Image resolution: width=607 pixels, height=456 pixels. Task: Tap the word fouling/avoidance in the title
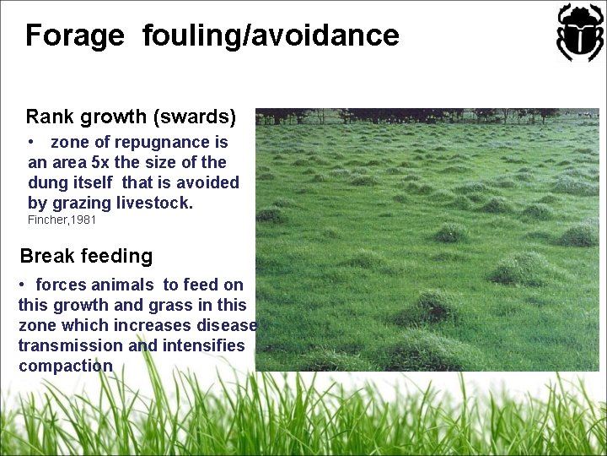point(271,35)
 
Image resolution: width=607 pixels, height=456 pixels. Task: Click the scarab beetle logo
point(580,32)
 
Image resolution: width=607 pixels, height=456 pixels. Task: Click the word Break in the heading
point(46,256)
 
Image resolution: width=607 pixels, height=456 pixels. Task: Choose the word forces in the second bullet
point(61,285)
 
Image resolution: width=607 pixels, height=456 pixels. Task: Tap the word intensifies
point(204,345)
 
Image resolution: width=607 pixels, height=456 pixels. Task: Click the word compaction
point(65,366)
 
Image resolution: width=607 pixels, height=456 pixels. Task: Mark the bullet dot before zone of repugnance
point(30,142)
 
